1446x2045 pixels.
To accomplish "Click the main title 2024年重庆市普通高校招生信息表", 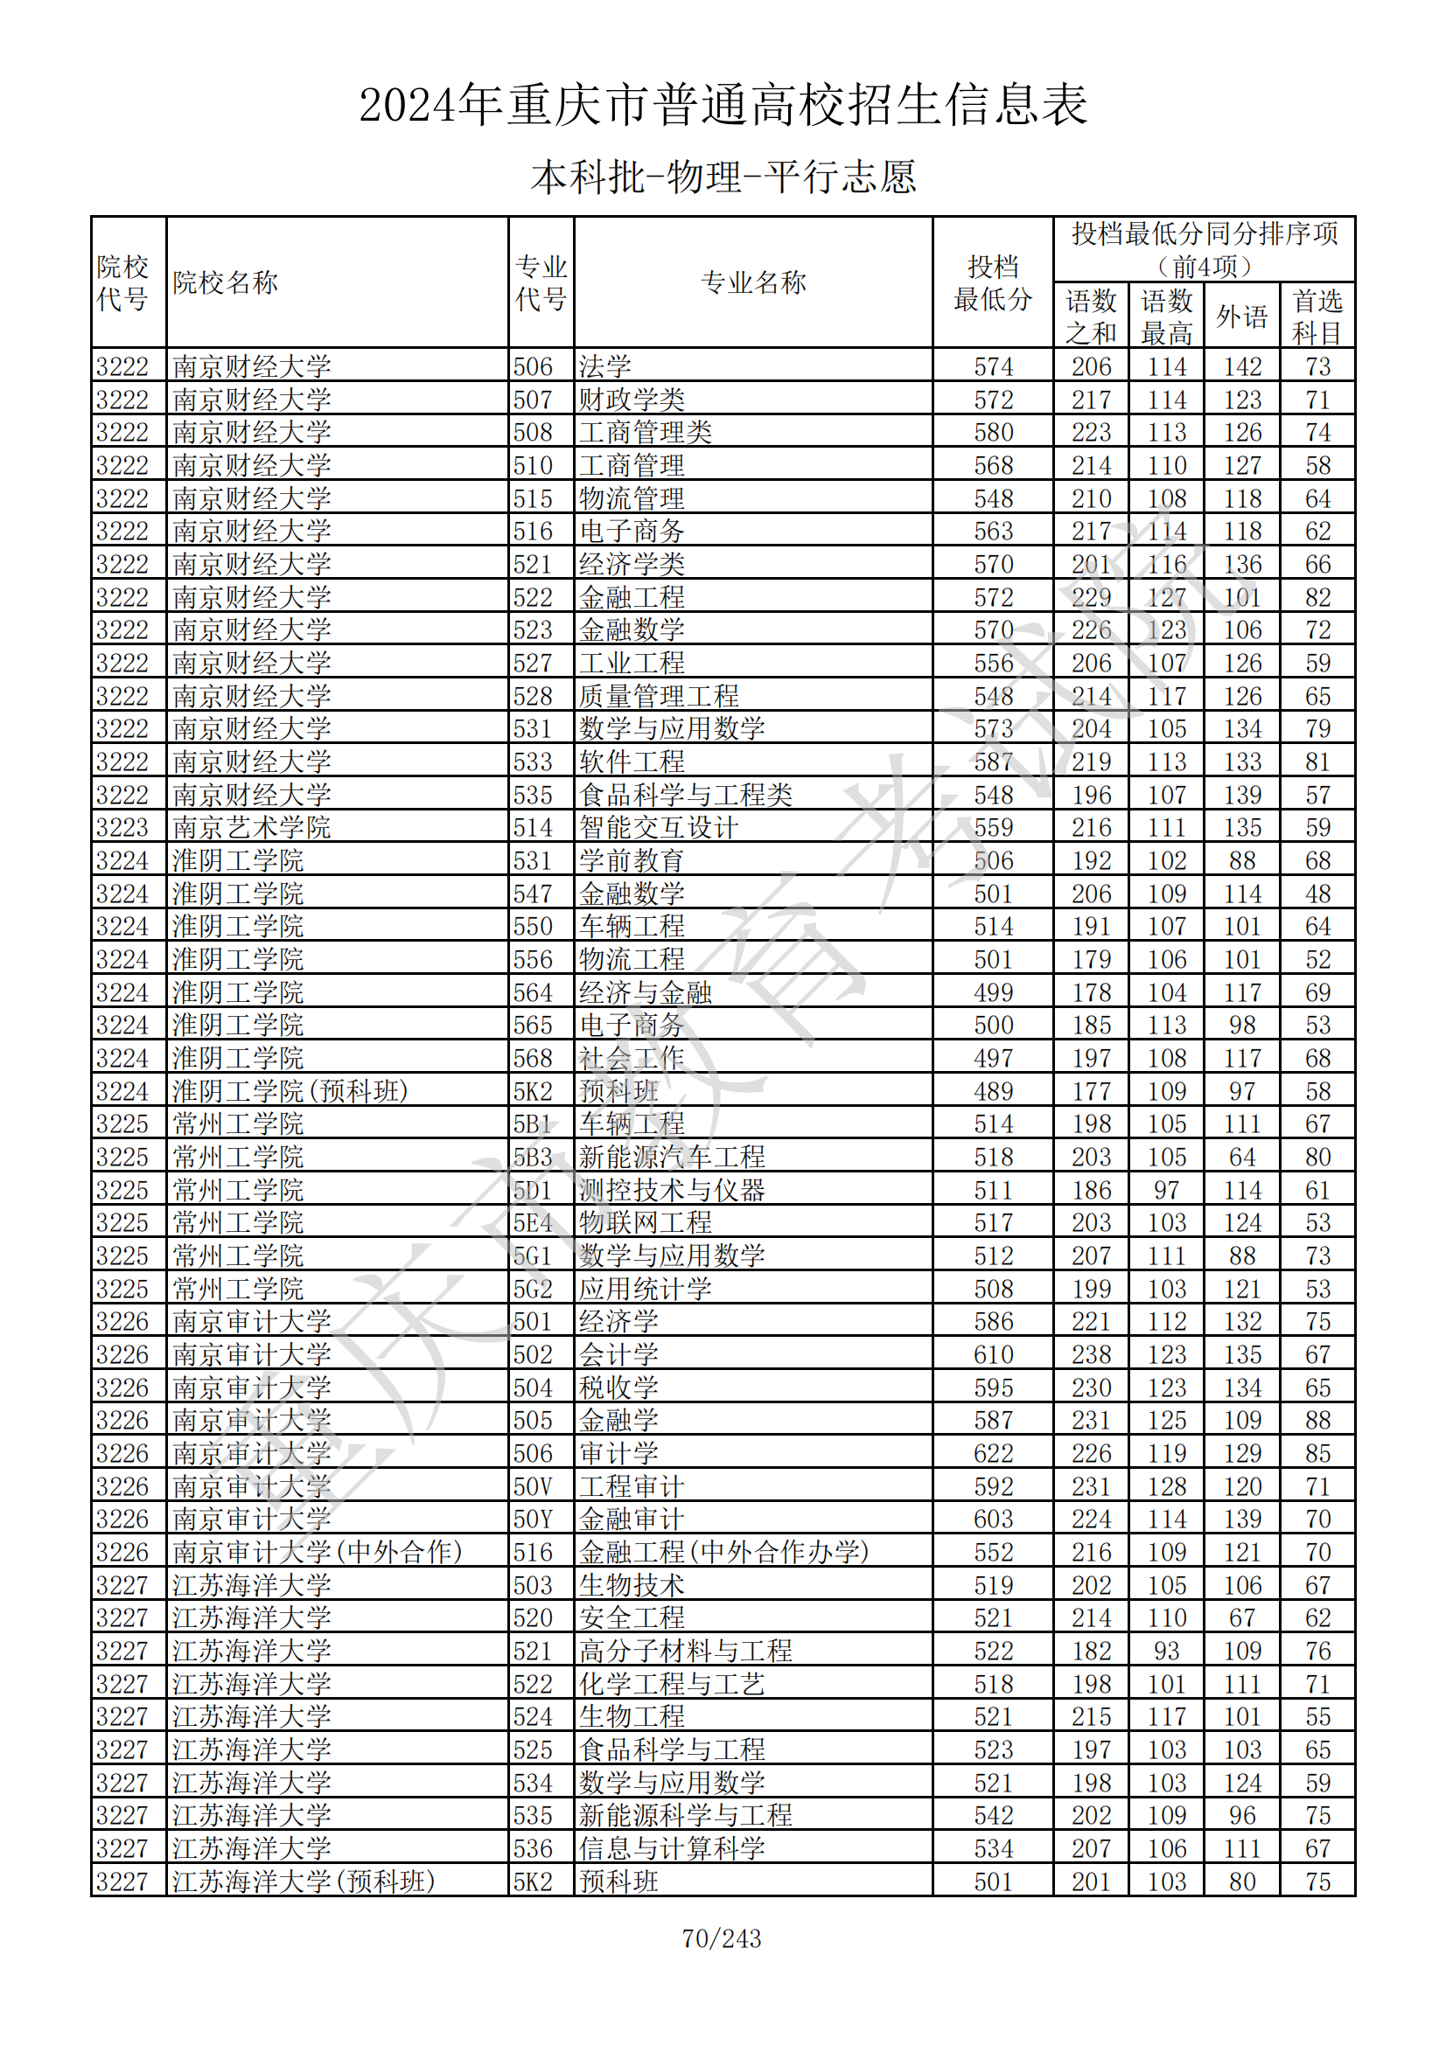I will click(723, 105).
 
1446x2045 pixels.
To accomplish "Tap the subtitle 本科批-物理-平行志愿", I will click(723, 177).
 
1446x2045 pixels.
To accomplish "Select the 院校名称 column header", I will click(225, 282).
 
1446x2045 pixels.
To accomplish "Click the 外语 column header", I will click(1241, 316).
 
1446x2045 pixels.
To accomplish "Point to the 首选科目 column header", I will click(1317, 316).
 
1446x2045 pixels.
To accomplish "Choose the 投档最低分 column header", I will click(993, 282).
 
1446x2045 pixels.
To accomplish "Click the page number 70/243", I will click(722, 1938).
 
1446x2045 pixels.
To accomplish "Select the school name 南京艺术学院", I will click(251, 827).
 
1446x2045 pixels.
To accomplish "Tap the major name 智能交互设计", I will click(659, 827).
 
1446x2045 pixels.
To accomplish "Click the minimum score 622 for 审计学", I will click(993, 1454).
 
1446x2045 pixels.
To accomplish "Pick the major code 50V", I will click(533, 1486).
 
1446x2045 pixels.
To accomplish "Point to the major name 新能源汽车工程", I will click(672, 1157).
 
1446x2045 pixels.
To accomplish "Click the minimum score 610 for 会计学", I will click(993, 1354).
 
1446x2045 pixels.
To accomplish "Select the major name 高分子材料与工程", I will click(685, 1651).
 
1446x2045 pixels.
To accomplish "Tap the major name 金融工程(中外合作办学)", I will click(723, 1552).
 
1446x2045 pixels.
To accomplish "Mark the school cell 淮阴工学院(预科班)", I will click(290, 1091).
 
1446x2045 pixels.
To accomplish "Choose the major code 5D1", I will click(533, 1190).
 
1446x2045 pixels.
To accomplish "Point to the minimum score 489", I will click(993, 1091).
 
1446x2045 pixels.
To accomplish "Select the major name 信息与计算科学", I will click(672, 1848).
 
